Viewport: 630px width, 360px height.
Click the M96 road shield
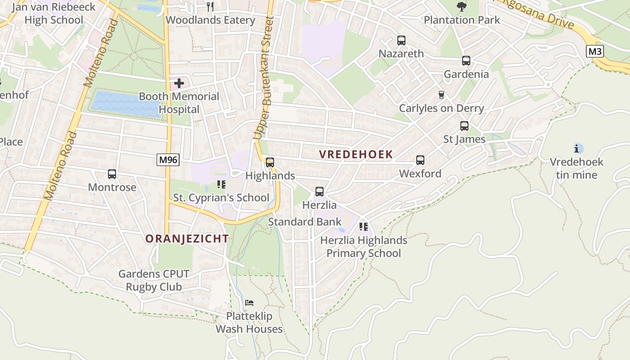click(168, 159)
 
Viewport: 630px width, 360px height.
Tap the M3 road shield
click(595, 51)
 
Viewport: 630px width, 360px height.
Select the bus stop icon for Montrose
click(112, 174)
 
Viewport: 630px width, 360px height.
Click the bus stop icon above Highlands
click(270, 162)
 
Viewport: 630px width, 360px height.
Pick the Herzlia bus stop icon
click(319, 192)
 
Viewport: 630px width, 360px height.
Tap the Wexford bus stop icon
click(420, 160)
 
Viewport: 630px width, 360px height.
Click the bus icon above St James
click(464, 126)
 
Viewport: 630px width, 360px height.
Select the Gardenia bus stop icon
click(466, 61)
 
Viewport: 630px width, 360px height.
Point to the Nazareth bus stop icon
click(401, 40)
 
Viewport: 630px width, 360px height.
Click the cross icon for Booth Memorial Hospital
click(179, 83)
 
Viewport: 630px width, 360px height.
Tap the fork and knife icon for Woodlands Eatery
click(210, 6)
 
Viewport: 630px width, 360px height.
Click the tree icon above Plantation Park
click(461, 6)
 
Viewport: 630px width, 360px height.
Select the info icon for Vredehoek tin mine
click(576, 148)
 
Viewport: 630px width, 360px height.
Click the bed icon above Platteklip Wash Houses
click(249, 302)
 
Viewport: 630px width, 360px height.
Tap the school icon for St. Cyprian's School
click(221, 184)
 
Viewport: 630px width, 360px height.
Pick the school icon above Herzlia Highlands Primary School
click(364, 226)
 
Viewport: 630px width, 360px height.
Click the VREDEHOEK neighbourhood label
click(356, 154)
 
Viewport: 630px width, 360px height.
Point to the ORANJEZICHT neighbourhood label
click(187, 239)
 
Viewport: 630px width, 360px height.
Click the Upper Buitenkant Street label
click(264, 77)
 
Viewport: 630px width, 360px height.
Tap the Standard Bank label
click(305, 222)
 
